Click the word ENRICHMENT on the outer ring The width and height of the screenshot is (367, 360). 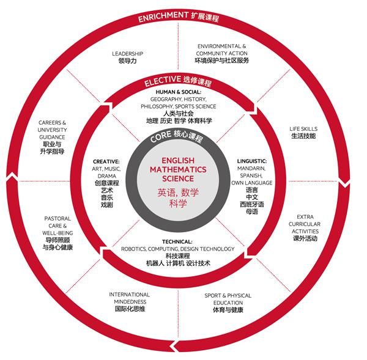tap(163, 17)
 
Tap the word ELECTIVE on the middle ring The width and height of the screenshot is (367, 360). tap(163, 81)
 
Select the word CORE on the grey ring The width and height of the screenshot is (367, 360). tap(160, 137)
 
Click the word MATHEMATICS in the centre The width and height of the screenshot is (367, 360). tap(178, 169)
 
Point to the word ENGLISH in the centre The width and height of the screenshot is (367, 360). tap(178, 161)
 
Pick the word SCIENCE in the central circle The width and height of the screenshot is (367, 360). tap(178, 178)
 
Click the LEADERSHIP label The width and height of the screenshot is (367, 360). tap(128, 54)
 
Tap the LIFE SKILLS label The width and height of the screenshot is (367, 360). tap(303, 128)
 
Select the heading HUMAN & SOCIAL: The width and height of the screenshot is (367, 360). tap(179, 92)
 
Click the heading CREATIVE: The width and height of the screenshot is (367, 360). tap(106, 161)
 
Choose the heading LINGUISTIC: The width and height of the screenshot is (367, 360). tap(252, 161)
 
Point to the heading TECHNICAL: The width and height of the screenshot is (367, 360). tap(177, 241)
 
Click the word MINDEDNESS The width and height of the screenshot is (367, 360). tap(130, 302)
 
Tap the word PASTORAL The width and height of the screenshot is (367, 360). tap(57, 219)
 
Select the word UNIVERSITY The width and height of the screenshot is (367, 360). tap(52, 130)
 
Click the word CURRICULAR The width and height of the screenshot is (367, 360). tap(305, 224)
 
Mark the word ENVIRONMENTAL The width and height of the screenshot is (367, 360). tap(219, 46)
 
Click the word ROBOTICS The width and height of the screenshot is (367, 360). tap(133, 249)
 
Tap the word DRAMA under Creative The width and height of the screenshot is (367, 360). tap(106, 176)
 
